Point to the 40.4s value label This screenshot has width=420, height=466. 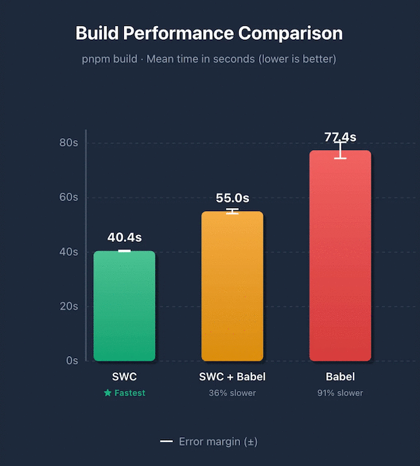click(x=125, y=238)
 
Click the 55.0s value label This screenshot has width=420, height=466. click(x=232, y=198)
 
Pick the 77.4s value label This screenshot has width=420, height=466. click(x=340, y=137)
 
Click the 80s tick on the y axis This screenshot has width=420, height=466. click(x=68, y=143)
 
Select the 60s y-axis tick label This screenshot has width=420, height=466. click(x=68, y=198)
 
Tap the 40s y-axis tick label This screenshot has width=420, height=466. click(x=68, y=252)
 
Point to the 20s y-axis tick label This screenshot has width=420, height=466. click(x=68, y=306)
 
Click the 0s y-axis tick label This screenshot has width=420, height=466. click(x=71, y=361)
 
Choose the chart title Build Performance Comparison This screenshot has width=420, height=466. click(x=209, y=33)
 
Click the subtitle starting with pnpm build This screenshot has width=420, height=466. click(x=209, y=59)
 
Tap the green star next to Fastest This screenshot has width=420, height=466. click(x=107, y=393)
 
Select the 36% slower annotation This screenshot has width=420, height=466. click(x=232, y=393)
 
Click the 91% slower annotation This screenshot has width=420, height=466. click(x=340, y=393)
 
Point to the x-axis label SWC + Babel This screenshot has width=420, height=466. click(x=232, y=377)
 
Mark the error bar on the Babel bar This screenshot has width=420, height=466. click(x=340, y=150)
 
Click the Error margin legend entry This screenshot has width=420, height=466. click(x=209, y=441)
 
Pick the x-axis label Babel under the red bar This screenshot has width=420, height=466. click(x=340, y=377)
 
